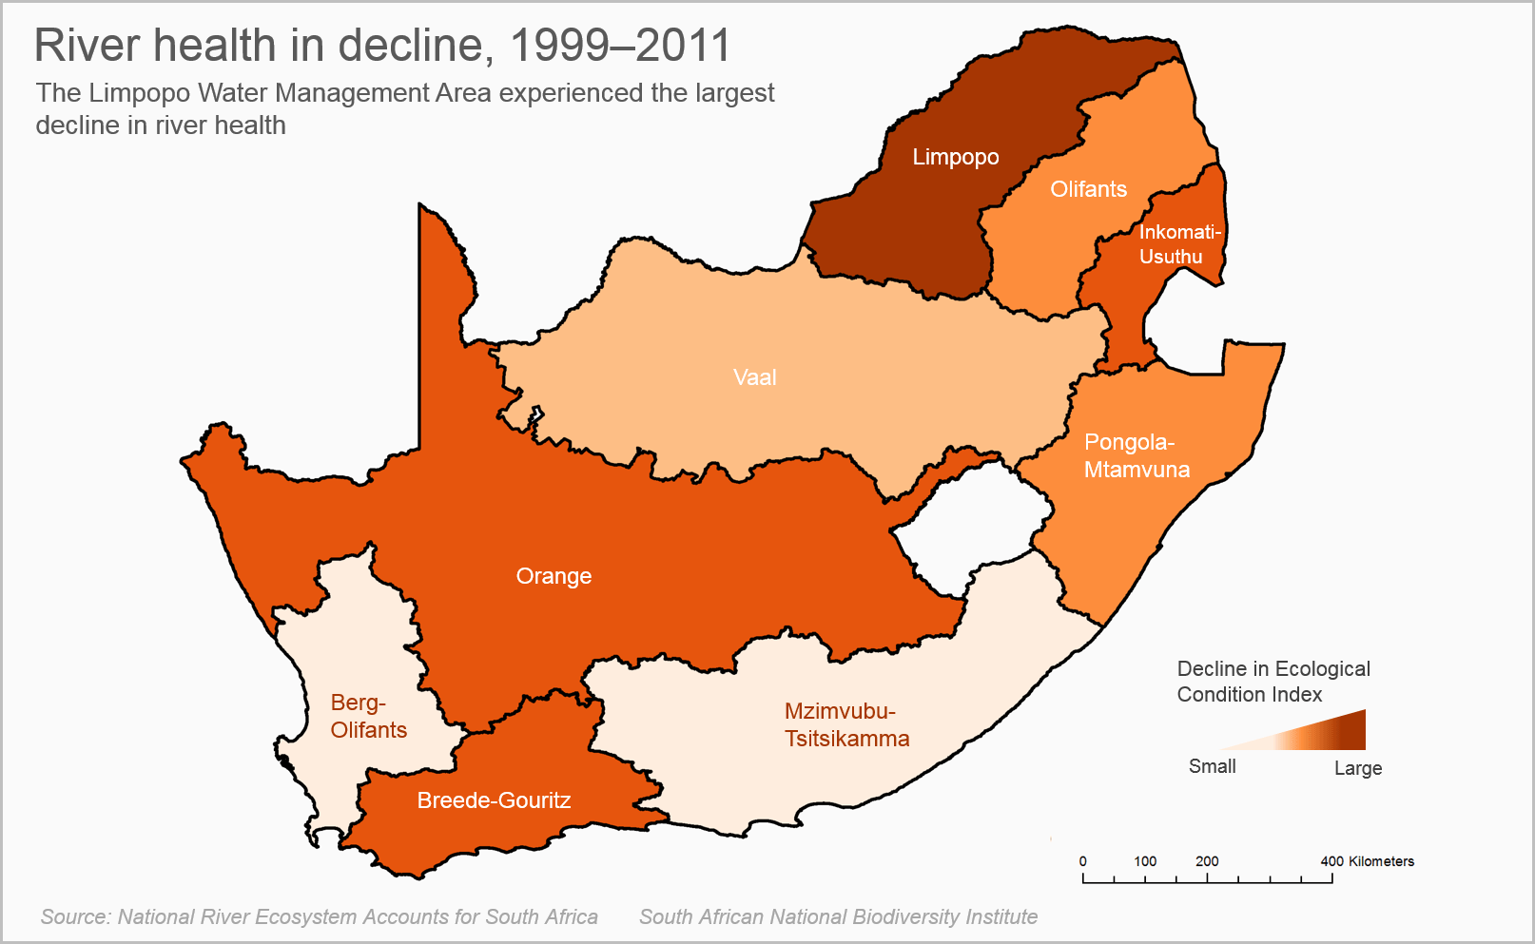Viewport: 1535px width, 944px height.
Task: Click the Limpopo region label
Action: click(x=955, y=157)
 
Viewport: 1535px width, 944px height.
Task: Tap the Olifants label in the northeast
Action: click(x=1088, y=189)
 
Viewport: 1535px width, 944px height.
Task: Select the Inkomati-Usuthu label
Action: click(x=1179, y=244)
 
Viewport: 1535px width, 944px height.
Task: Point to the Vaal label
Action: click(x=754, y=377)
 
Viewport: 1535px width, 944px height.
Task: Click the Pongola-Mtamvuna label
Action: click(x=1136, y=455)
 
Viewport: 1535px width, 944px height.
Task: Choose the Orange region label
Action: click(x=554, y=576)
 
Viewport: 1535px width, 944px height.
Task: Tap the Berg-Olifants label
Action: click(x=368, y=716)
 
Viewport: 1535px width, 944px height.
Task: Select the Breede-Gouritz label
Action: click(x=494, y=800)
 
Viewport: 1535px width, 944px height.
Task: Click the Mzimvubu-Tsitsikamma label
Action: click(x=846, y=724)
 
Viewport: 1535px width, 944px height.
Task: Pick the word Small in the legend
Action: click(x=1212, y=766)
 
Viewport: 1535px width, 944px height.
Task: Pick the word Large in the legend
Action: click(x=1357, y=768)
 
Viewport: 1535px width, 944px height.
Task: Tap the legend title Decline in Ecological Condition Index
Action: click(x=1273, y=681)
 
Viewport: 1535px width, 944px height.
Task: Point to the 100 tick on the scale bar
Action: click(x=1145, y=861)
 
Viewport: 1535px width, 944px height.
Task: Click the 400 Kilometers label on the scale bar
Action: click(x=1367, y=861)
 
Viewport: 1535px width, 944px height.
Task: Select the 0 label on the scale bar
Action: click(x=1082, y=861)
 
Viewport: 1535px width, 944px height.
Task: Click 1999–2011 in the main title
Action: click(x=620, y=45)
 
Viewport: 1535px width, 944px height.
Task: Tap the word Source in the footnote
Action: click(x=74, y=916)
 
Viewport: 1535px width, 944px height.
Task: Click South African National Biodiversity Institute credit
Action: click(x=837, y=916)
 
